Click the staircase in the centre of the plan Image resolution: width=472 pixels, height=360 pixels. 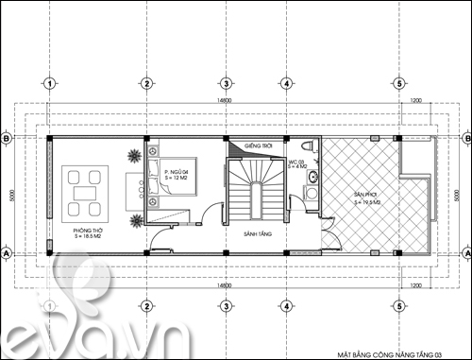[x=252, y=187]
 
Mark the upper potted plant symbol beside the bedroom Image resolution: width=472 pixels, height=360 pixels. [x=136, y=153]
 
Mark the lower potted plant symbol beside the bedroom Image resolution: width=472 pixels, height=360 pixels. [x=137, y=220]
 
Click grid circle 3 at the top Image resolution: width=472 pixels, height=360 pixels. [x=226, y=83]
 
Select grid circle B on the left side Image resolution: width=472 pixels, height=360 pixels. [x=8, y=139]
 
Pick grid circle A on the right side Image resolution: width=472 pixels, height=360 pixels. [x=464, y=254]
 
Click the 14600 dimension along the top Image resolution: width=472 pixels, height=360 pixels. [x=224, y=99]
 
